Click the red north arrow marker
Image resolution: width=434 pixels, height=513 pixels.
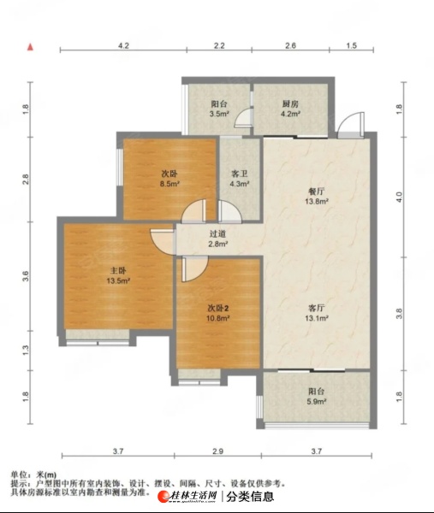[31, 47]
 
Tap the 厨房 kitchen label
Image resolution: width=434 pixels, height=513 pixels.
[290, 104]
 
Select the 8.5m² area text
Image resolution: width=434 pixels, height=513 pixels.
[169, 184]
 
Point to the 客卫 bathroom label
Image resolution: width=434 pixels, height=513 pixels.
[240, 174]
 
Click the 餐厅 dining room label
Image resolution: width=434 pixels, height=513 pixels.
[317, 192]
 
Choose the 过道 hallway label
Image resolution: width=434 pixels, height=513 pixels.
[218, 234]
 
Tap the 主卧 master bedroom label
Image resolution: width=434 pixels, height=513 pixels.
[118, 270]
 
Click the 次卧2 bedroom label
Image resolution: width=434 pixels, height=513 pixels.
[218, 308]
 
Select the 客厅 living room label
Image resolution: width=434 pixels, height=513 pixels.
[317, 308]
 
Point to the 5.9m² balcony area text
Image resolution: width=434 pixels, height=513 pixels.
[317, 402]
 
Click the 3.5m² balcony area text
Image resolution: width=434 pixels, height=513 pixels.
[219, 114]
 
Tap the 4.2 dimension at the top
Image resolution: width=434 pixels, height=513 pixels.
[123, 45]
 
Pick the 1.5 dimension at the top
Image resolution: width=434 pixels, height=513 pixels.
[351, 45]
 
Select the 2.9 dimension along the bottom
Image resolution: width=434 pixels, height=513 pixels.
[217, 451]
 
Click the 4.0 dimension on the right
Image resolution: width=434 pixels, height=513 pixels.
[399, 197]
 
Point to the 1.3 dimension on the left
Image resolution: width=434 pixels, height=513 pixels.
[26, 351]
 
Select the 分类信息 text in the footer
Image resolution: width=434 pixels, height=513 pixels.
[250, 497]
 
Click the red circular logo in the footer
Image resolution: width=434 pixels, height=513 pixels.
[163, 497]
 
